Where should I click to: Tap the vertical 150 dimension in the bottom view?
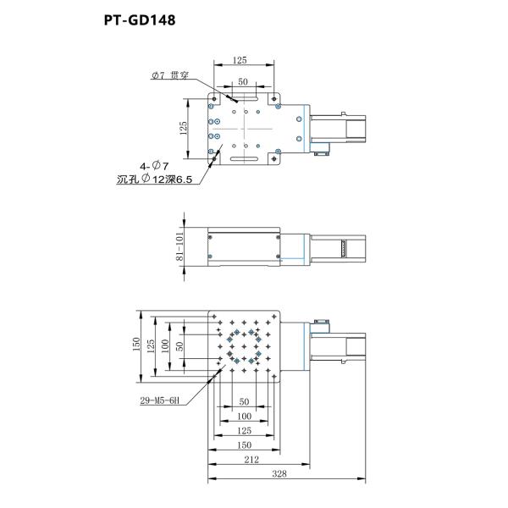(x=135, y=345)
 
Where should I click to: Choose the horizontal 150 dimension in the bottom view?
(x=243, y=444)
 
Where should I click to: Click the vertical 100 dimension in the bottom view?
(x=166, y=345)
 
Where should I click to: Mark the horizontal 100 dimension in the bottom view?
(x=243, y=416)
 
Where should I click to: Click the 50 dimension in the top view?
(x=243, y=81)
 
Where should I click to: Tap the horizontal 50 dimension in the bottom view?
(x=243, y=401)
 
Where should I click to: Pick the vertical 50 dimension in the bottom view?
(x=179, y=345)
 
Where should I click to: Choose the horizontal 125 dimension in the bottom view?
(x=243, y=430)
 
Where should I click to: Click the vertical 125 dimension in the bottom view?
(x=151, y=345)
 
